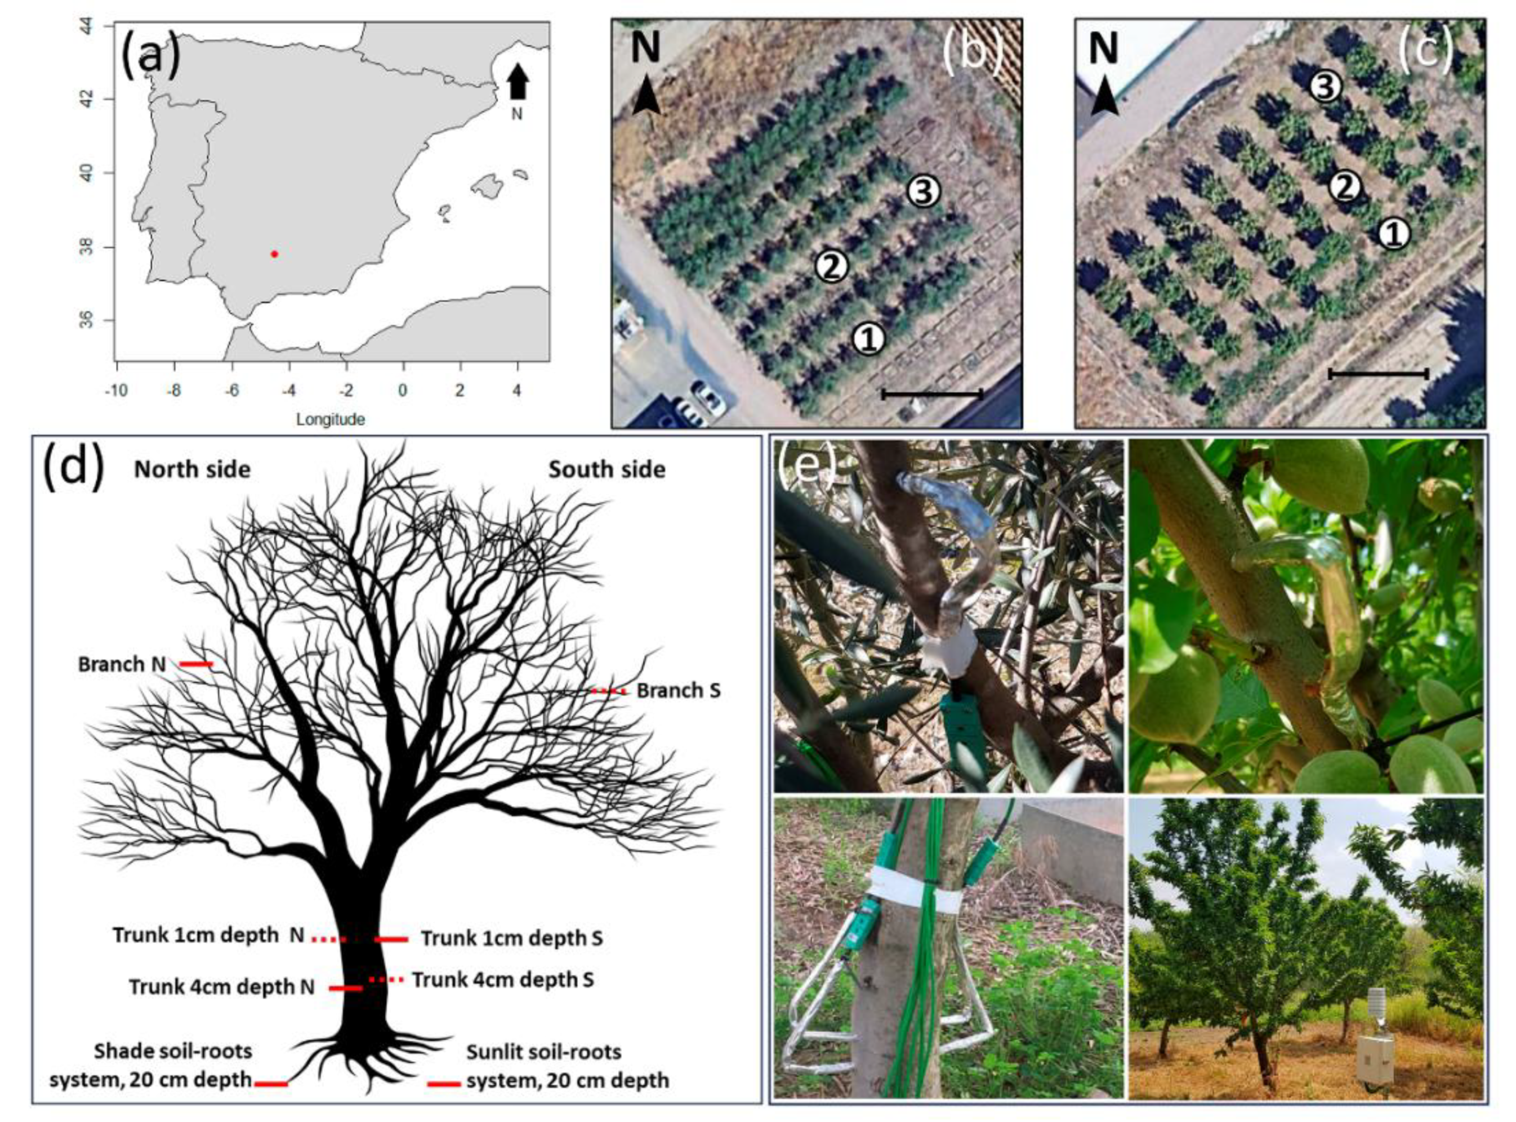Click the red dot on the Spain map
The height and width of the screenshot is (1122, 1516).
[274, 253]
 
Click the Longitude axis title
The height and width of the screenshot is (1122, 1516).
[330, 419]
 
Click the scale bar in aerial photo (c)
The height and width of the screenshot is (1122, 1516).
[1378, 374]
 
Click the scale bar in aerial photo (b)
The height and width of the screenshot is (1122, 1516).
[932, 394]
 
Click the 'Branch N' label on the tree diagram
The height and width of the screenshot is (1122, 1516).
[122, 664]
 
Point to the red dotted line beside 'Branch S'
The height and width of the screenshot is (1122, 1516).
[607, 691]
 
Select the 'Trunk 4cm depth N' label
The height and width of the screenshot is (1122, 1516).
[222, 987]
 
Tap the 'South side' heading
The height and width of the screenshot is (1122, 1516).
[607, 470]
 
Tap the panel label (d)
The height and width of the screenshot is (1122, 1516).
[73, 467]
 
